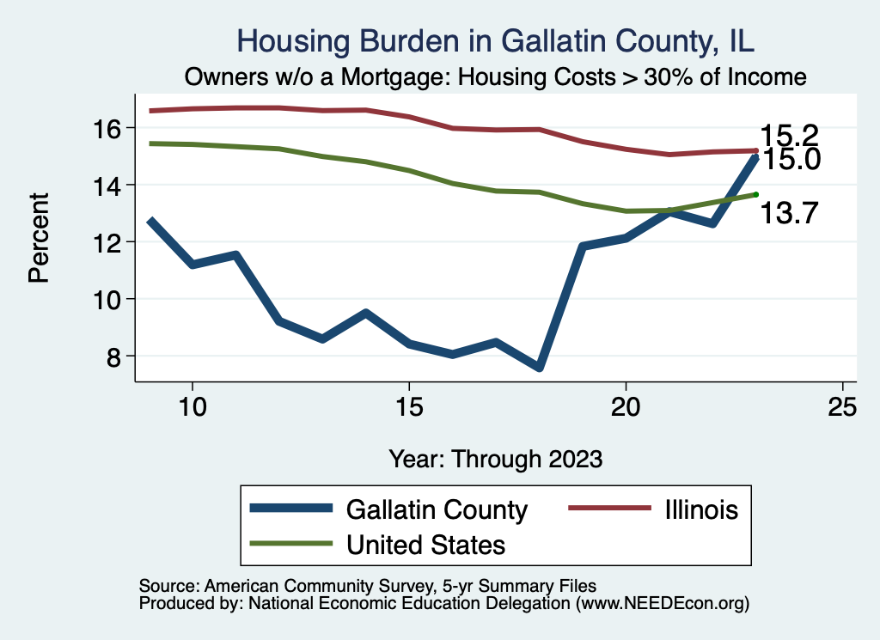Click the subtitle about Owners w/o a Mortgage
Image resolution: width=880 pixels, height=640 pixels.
pos(495,77)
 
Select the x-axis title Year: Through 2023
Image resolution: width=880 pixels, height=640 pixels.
pos(495,458)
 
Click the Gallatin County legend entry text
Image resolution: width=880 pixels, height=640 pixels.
pos(436,509)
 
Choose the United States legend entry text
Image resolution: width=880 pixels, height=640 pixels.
pos(425,545)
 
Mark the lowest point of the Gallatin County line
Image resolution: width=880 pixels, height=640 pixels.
pos(539,367)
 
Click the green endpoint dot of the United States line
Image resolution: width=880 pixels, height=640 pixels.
pos(755,194)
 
